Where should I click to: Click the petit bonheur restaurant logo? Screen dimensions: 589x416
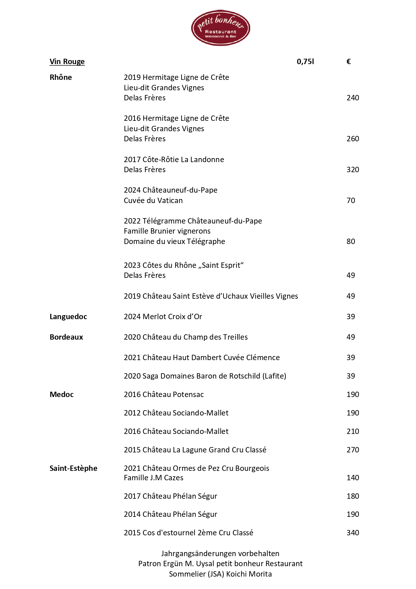(x=220, y=28)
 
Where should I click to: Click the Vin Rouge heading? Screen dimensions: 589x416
(x=67, y=62)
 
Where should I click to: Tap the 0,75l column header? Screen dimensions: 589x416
(x=305, y=61)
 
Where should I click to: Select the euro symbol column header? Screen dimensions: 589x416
(x=349, y=61)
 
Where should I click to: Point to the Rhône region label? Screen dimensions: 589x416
(x=61, y=78)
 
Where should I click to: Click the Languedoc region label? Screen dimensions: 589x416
(x=68, y=317)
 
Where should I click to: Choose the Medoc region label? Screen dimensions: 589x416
(x=61, y=395)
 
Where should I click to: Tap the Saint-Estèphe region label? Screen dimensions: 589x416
(x=73, y=469)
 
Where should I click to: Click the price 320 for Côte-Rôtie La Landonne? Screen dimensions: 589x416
(x=353, y=170)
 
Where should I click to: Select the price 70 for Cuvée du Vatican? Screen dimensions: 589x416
(x=351, y=201)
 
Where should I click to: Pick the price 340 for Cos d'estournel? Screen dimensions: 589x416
(x=353, y=533)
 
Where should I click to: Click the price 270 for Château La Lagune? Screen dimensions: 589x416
(x=353, y=450)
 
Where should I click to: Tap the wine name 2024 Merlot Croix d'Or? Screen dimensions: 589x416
(x=163, y=317)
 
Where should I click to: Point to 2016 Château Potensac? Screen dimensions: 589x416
(x=164, y=395)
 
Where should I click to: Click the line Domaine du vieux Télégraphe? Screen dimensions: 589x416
(x=174, y=242)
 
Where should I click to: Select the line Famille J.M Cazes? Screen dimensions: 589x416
(x=154, y=478)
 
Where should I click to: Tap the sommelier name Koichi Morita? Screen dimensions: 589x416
(x=249, y=574)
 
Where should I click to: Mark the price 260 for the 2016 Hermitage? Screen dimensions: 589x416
(x=353, y=139)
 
